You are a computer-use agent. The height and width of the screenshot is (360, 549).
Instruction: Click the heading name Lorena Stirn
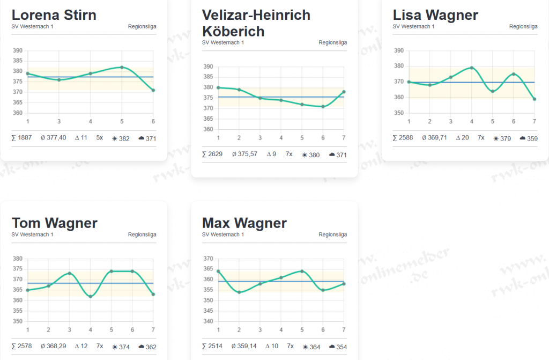54,14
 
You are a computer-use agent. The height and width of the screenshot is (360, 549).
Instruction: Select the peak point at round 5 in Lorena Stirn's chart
122,67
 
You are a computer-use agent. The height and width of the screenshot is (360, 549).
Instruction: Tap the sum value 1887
21,138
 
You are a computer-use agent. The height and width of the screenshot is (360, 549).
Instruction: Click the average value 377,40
54,138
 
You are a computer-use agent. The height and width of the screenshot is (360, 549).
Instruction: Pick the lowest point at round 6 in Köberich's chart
323,107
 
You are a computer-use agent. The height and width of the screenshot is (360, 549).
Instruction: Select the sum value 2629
212,154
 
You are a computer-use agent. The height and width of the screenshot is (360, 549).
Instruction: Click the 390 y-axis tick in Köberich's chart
208,67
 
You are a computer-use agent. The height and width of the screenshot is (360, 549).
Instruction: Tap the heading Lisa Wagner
435,14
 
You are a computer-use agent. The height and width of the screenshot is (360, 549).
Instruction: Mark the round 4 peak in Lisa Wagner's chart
471,68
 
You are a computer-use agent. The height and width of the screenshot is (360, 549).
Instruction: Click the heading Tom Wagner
55,223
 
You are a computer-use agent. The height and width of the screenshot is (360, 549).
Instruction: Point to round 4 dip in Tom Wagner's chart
91,296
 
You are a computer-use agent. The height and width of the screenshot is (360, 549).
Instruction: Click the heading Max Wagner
244,223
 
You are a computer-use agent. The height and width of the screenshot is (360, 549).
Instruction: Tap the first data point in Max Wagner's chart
218,271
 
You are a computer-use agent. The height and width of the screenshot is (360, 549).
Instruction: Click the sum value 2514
212,347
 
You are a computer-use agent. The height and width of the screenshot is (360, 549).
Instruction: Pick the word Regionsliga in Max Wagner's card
332,234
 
